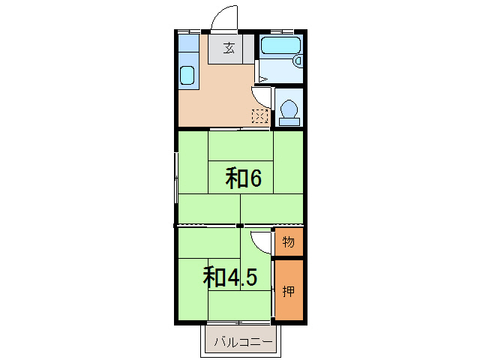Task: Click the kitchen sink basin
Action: pyautogui.click(x=187, y=76)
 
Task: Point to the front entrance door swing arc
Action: pyautogui.click(x=223, y=18)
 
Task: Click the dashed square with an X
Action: pyautogui.click(x=259, y=116)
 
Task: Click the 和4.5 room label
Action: pyautogui.click(x=230, y=277)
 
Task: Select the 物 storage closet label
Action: pyautogui.click(x=289, y=242)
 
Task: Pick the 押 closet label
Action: pyautogui.click(x=289, y=292)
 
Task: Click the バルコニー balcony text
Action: pyautogui.click(x=241, y=343)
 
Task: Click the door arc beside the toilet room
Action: pyautogui.click(x=262, y=96)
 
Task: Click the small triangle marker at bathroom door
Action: pyautogui.click(x=262, y=77)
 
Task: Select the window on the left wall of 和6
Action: pyautogui.click(x=176, y=177)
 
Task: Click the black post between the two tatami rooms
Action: pyautogui.click(x=239, y=225)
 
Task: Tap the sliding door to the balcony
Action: pyautogui.click(x=240, y=323)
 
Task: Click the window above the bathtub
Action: pyautogui.click(x=281, y=31)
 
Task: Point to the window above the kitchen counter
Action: pyautogui.click(x=189, y=31)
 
